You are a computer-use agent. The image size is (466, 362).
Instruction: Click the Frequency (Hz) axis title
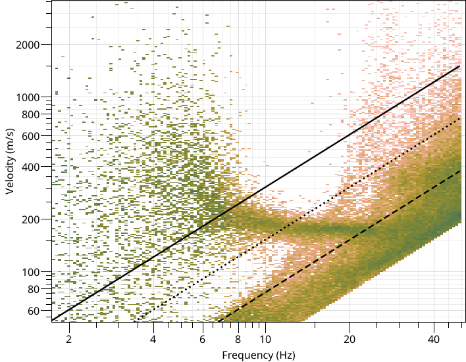[258, 355]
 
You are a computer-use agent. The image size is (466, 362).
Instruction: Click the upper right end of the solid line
[459, 66]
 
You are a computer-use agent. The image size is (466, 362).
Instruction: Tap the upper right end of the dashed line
[459, 171]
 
